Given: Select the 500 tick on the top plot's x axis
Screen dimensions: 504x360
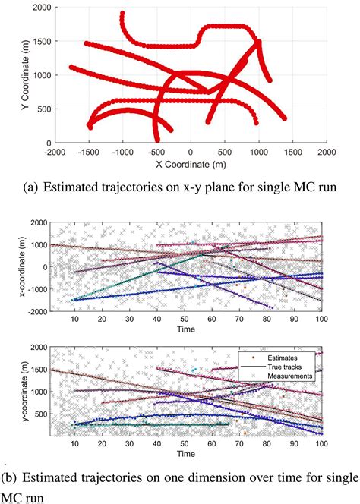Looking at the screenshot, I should pos(225,153).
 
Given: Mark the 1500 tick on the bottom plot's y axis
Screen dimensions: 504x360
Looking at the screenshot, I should pos(35,370).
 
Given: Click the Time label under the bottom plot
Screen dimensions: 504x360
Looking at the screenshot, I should pos(186,453).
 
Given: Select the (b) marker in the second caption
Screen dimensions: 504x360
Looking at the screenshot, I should pos(12,477).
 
